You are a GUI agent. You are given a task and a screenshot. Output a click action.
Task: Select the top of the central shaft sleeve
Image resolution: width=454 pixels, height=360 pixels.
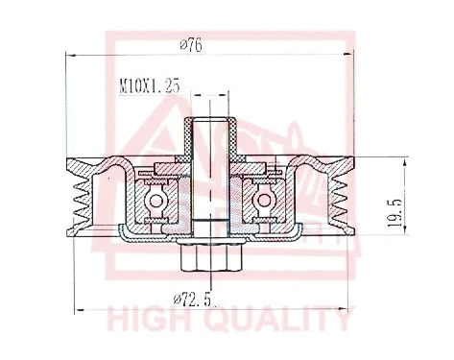tap(208, 120)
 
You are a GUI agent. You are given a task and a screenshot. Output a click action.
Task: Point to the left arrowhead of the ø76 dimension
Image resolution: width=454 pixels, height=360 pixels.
tap(70, 54)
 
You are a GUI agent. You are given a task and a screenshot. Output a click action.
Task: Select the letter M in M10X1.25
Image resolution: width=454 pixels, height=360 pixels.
tap(122, 85)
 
